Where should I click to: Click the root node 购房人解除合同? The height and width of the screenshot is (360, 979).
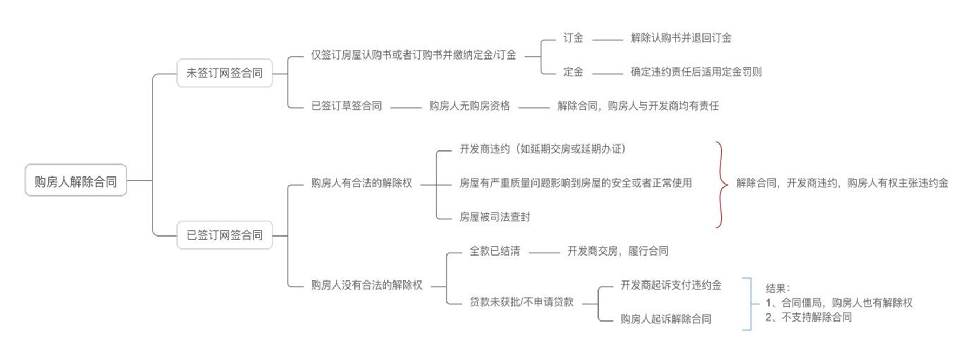point(76,180)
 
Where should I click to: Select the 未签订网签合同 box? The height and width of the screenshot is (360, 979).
point(225,73)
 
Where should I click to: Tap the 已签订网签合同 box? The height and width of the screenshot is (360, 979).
point(225,235)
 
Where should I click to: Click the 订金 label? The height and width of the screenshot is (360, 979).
point(573,38)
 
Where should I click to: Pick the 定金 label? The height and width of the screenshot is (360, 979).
point(573,71)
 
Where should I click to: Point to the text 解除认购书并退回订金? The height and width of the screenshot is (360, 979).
point(681,38)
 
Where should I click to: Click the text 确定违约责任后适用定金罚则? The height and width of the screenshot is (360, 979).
point(696,71)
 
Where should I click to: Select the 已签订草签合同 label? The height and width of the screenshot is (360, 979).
point(346,106)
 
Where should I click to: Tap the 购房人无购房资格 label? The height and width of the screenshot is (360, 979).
point(469,106)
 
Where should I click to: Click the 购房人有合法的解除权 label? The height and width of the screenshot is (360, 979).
point(362,183)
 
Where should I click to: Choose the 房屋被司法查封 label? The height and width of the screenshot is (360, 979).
point(495,217)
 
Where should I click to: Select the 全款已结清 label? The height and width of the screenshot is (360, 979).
point(495,251)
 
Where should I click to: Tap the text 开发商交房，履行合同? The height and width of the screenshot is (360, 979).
point(617,251)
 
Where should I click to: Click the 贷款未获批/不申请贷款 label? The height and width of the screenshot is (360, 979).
point(521,302)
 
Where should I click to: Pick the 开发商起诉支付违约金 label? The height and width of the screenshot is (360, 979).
point(671,285)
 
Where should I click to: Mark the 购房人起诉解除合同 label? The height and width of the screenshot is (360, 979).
point(666,319)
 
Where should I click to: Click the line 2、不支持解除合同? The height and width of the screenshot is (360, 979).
point(809,317)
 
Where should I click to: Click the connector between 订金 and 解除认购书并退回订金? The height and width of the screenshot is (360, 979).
point(607,40)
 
